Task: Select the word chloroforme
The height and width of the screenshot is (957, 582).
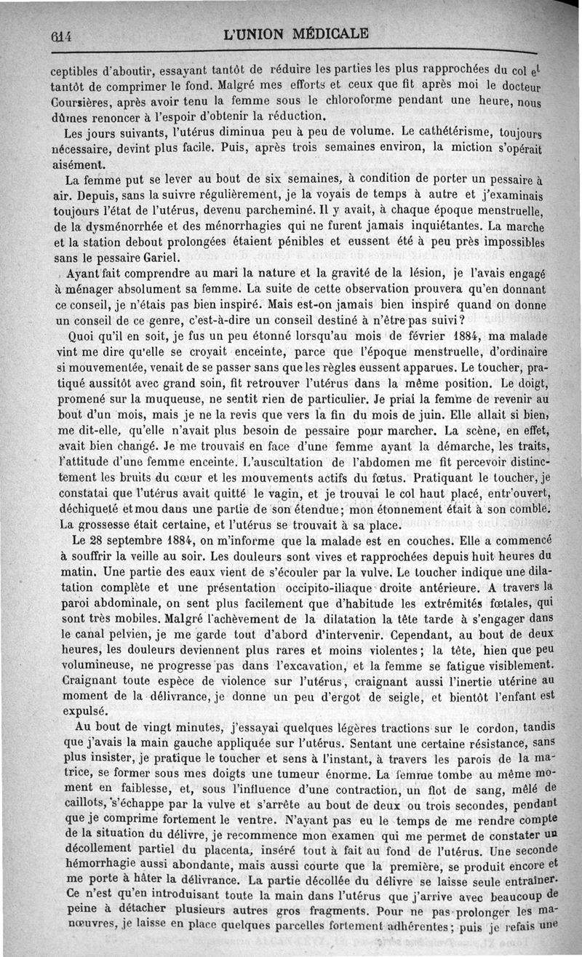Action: click(x=319, y=100)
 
